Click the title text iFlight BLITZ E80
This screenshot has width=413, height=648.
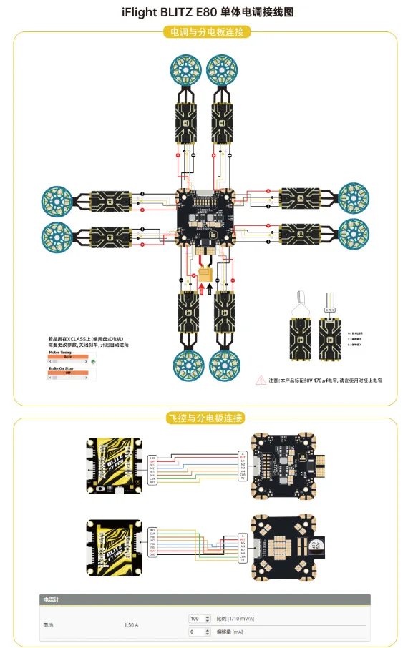[x=206, y=12]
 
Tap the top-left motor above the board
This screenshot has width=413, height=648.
[x=187, y=69]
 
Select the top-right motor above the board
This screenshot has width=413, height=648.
[x=223, y=69]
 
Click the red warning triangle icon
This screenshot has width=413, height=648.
[x=262, y=381]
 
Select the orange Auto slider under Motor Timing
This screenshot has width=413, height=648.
[x=68, y=356]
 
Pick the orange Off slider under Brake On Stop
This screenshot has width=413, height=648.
[x=68, y=373]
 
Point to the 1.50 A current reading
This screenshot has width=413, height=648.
[x=131, y=625]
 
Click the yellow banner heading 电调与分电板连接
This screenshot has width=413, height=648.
[x=206, y=32]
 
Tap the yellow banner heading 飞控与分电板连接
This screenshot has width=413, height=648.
[x=206, y=418]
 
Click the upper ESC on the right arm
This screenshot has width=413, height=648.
[x=304, y=197]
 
